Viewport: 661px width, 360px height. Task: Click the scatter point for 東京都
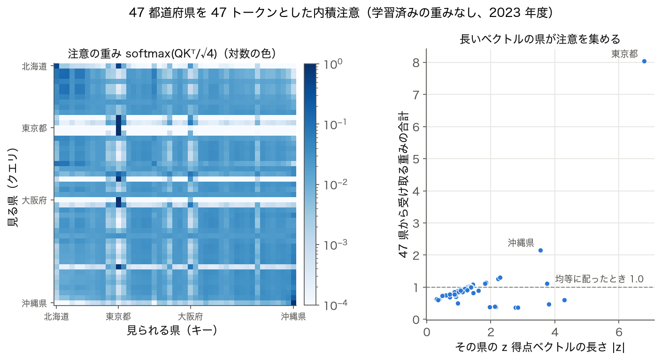[644, 61]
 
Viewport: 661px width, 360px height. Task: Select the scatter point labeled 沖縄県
[541, 251]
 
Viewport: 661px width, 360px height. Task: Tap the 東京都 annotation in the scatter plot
[624, 54]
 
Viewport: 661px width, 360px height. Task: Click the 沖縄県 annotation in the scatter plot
[521, 243]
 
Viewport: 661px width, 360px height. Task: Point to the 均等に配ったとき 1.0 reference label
[600, 279]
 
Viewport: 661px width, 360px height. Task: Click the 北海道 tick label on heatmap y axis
[34, 67]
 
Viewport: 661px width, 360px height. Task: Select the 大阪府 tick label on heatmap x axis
[190, 317]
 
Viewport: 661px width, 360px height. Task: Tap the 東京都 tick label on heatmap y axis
[34, 128]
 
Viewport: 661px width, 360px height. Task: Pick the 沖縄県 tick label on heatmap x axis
[293, 317]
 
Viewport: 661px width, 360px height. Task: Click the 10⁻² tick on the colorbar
[336, 185]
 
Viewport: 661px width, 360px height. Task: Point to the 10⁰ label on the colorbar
[333, 64]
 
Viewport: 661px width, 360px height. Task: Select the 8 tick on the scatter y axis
[416, 62]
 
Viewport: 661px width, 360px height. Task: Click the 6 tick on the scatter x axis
[619, 332]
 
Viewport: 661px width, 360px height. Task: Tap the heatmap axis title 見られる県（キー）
[172, 330]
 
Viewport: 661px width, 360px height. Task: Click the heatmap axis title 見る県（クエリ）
[12, 187]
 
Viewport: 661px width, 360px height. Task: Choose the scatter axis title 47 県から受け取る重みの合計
[403, 184]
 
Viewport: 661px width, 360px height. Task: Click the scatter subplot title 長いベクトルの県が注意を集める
[540, 39]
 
